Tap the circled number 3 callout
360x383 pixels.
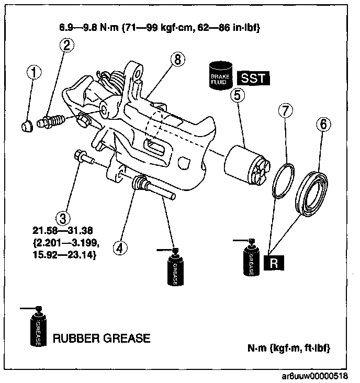pos(64,217)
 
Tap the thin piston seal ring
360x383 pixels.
pos(283,181)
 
